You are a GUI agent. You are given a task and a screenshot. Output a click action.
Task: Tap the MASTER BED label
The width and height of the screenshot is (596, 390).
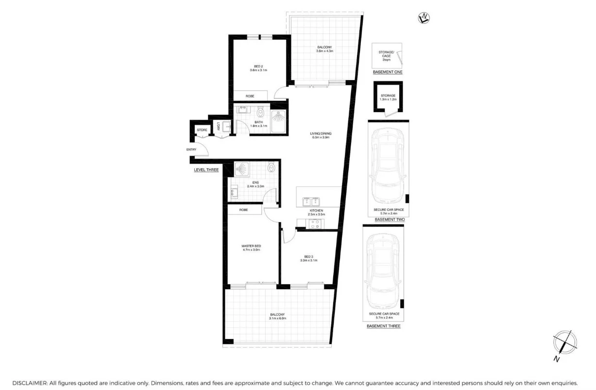pyautogui.click(x=251, y=246)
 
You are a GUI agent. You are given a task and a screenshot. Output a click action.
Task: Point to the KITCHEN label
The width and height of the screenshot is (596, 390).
pyautogui.click(x=316, y=211)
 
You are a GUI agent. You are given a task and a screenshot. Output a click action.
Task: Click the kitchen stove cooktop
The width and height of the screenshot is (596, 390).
pyautogui.click(x=315, y=224)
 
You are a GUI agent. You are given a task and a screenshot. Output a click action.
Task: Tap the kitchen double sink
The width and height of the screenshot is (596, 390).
pyautogui.click(x=311, y=200)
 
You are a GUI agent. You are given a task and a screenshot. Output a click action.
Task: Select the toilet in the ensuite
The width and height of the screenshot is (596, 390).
pyautogui.click(x=271, y=168)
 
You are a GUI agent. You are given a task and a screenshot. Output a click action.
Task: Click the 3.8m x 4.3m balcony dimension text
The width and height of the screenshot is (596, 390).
pyautogui.click(x=324, y=51)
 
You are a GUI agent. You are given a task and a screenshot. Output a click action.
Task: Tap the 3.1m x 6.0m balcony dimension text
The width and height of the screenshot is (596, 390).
pyautogui.click(x=278, y=318)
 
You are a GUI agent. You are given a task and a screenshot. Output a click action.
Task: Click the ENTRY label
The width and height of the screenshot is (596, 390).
pyautogui.click(x=191, y=149)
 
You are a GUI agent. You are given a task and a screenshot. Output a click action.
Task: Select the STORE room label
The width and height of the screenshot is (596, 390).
pyautogui.click(x=202, y=130)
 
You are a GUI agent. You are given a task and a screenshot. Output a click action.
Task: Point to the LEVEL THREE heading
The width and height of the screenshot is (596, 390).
pyautogui.click(x=206, y=170)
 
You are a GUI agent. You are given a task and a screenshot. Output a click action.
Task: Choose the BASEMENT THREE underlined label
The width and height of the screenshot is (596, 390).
pyautogui.click(x=383, y=326)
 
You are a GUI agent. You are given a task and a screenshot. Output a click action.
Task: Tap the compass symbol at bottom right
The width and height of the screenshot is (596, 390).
pyautogui.click(x=564, y=342)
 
